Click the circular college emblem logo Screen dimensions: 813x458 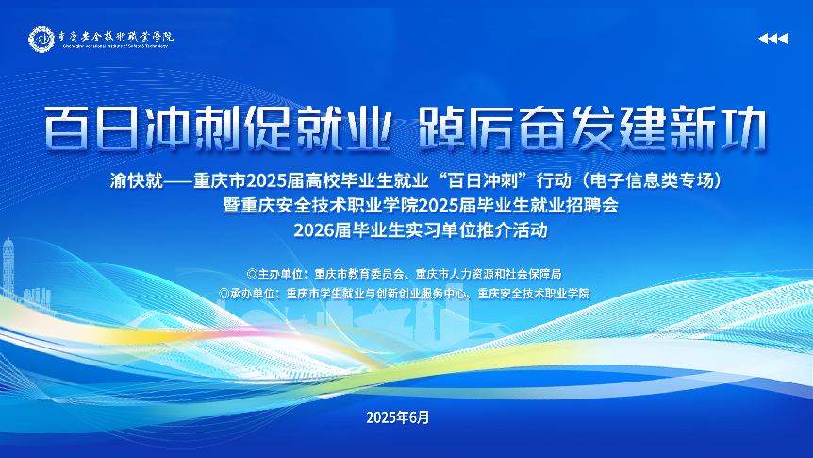41,39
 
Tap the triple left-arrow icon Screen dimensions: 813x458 773,39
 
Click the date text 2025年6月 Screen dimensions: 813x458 398,417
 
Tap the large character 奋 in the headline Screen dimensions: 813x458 541,128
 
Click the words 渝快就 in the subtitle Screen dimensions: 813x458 137,180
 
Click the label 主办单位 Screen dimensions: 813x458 279,274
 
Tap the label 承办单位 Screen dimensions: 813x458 252,294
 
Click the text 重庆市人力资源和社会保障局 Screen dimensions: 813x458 489,274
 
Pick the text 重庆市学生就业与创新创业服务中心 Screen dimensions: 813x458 377,294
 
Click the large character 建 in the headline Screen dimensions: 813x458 642,128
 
